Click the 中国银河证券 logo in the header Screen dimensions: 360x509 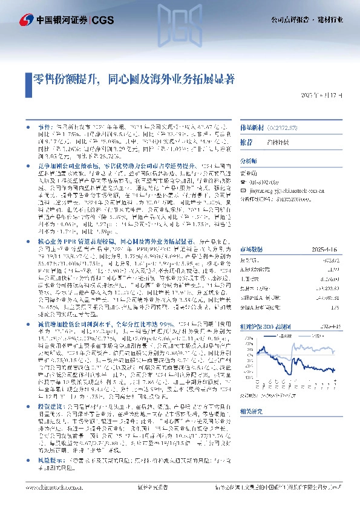click(x=45, y=20)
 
